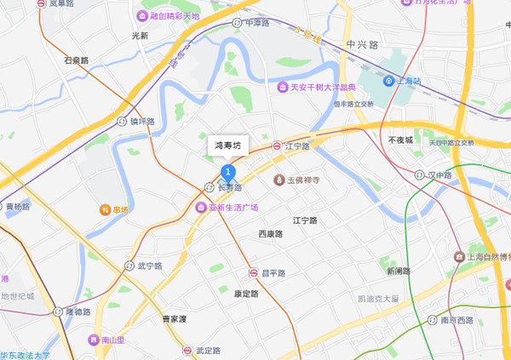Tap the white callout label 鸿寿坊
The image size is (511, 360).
[230, 146]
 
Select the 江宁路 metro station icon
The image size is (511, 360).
[277, 146]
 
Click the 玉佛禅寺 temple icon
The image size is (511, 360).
[278, 180]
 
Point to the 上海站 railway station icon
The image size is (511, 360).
[390, 81]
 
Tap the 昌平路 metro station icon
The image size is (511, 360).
[253, 273]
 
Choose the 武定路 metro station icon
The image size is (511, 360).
[187, 350]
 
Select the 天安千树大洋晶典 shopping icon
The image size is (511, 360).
[282, 87]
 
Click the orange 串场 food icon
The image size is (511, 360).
[106, 209]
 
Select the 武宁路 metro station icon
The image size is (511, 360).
[129, 266]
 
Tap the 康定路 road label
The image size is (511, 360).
[245, 294]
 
